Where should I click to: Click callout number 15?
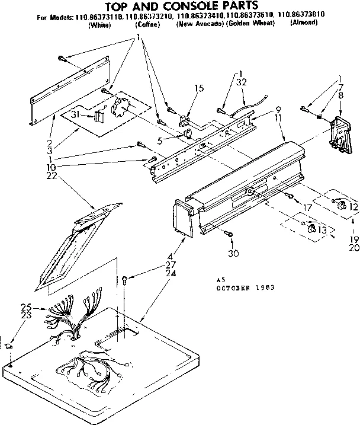[200, 88]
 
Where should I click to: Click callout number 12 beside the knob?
[354, 206]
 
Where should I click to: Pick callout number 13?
[322, 230]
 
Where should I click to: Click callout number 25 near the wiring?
[25, 307]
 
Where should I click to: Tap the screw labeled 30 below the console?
[230, 235]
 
